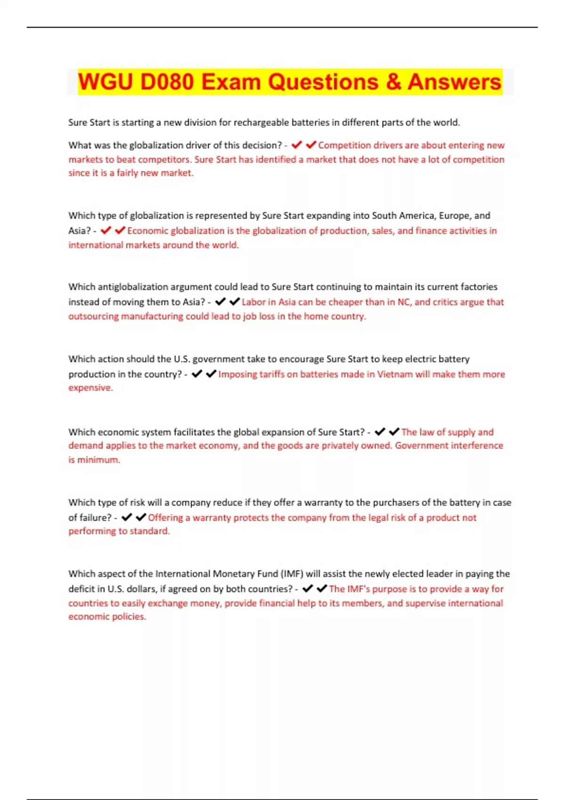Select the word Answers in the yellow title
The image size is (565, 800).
[454, 82]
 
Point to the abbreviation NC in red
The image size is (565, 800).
[404, 302]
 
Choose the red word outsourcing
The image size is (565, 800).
[93, 316]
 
